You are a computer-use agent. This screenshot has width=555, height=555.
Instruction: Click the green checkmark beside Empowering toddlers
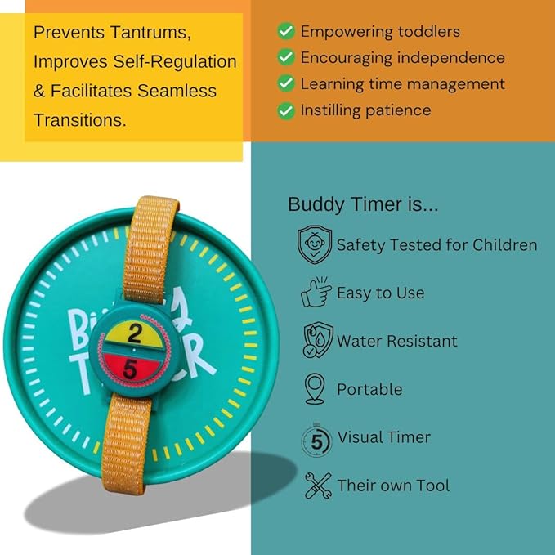[285, 32]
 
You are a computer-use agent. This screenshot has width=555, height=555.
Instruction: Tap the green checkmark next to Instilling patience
[285, 110]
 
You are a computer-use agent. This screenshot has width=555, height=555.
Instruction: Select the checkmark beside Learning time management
[285, 84]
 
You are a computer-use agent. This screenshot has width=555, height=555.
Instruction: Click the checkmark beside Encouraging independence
[285, 58]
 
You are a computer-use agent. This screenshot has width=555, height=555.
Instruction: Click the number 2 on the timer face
[136, 332]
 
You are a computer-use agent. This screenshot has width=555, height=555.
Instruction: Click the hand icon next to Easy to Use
[316, 293]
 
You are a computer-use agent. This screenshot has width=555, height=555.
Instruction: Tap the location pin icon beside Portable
[315, 389]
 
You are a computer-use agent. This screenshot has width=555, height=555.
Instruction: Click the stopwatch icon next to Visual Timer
[316, 438]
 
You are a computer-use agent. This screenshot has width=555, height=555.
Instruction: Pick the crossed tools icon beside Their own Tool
[316, 486]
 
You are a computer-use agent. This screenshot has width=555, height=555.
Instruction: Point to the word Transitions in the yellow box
[79, 119]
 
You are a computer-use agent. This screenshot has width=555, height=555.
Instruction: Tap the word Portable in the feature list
[369, 389]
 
